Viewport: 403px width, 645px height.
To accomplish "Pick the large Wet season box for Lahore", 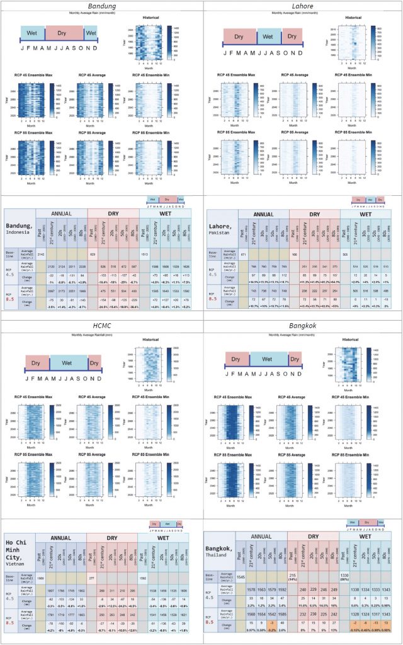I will (x=267, y=37).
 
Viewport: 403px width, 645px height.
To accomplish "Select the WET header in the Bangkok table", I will (x=366, y=536).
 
